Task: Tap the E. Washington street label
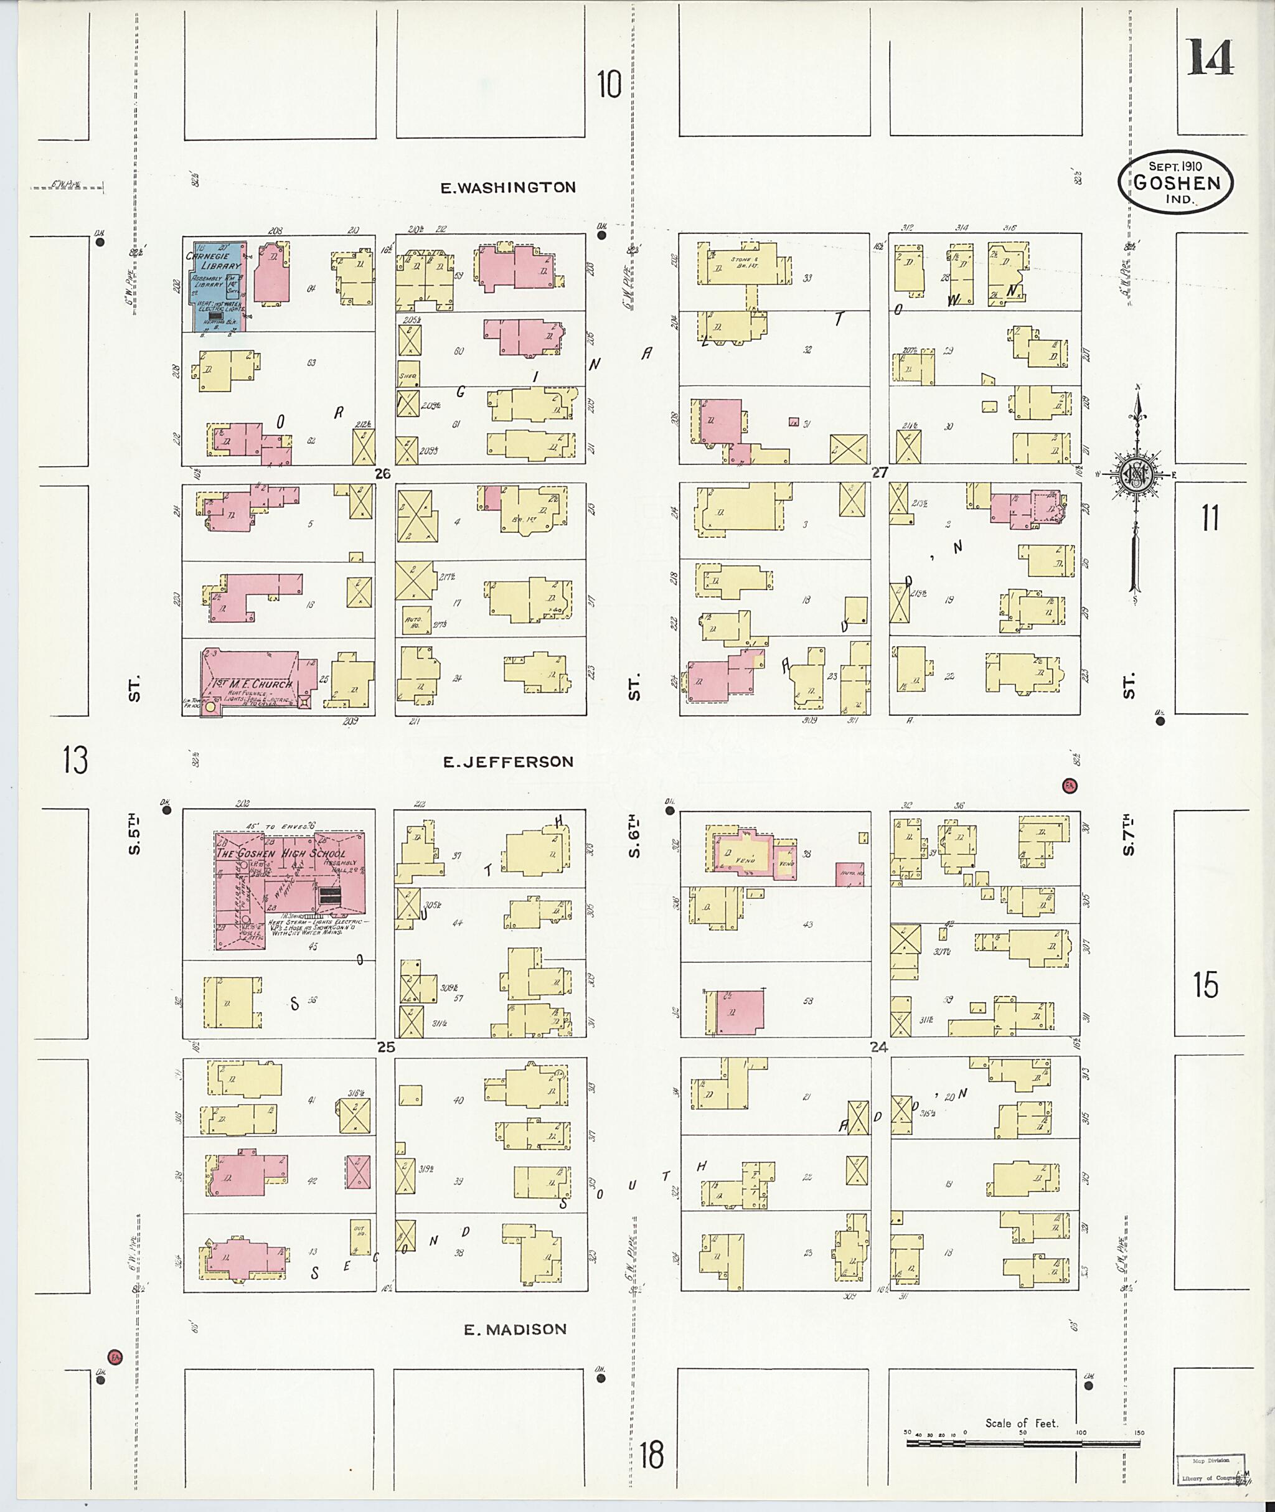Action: click(x=508, y=188)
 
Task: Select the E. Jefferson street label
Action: click(x=508, y=762)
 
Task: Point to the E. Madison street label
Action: click(x=515, y=1329)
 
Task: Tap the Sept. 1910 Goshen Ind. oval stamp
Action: click(x=1176, y=184)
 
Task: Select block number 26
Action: click(x=382, y=474)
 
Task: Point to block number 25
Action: click(x=386, y=1047)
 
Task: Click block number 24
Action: click(x=879, y=1047)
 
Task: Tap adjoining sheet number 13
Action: click(x=75, y=760)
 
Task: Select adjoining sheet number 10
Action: click(x=609, y=85)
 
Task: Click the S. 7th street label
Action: click(x=1129, y=836)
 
